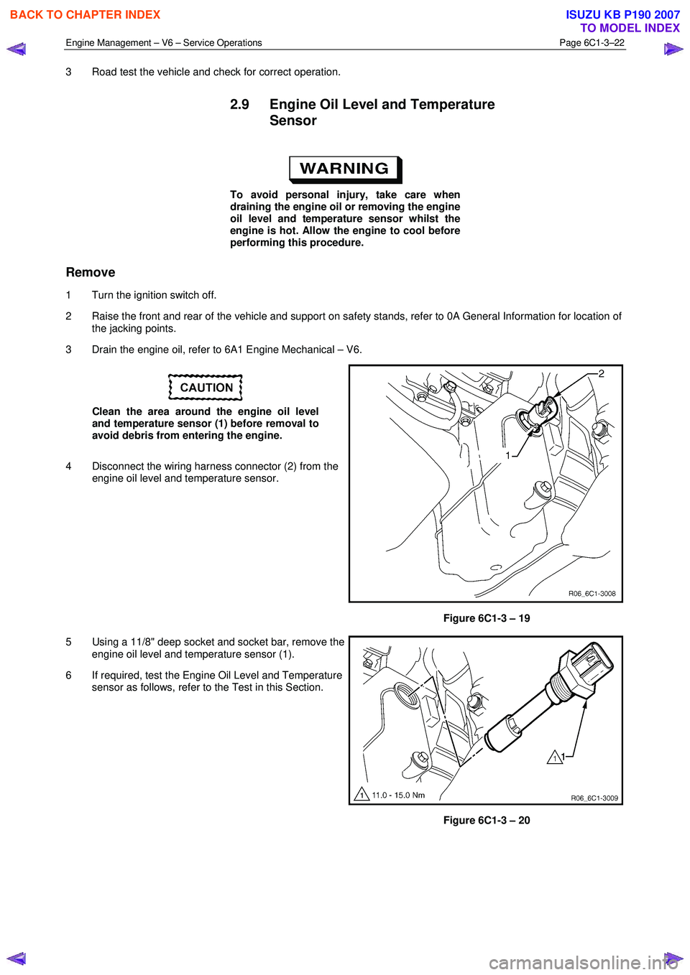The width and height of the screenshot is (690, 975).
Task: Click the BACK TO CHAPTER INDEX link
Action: click(x=85, y=14)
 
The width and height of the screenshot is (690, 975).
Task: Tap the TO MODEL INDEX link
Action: click(x=630, y=28)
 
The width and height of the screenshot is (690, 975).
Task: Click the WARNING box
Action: click(x=345, y=169)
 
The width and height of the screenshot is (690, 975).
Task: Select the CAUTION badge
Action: click(x=206, y=388)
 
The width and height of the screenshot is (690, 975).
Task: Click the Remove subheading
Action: click(x=91, y=272)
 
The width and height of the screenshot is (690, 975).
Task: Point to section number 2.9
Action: click(x=239, y=105)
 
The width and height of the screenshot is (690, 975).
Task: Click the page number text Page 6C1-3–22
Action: click(x=592, y=43)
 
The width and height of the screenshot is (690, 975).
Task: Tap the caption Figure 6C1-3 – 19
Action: click(x=487, y=618)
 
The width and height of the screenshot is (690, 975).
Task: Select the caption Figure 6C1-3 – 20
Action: click(x=487, y=821)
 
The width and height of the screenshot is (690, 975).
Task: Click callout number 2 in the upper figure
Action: click(x=601, y=373)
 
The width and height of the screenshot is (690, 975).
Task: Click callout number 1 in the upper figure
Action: click(x=507, y=456)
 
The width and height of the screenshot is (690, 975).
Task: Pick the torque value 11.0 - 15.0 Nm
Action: click(x=398, y=795)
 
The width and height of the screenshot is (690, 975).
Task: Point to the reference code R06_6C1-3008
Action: click(x=592, y=594)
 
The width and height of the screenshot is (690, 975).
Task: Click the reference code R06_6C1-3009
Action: click(x=594, y=798)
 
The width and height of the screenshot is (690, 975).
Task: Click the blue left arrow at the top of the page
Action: click(x=16, y=50)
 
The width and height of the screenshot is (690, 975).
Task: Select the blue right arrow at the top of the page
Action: click(x=673, y=50)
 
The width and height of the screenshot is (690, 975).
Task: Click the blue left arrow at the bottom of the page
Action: click(x=16, y=958)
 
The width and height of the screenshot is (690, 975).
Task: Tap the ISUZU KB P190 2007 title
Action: click(x=622, y=14)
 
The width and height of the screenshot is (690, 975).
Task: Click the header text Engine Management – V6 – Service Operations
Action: click(x=164, y=43)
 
